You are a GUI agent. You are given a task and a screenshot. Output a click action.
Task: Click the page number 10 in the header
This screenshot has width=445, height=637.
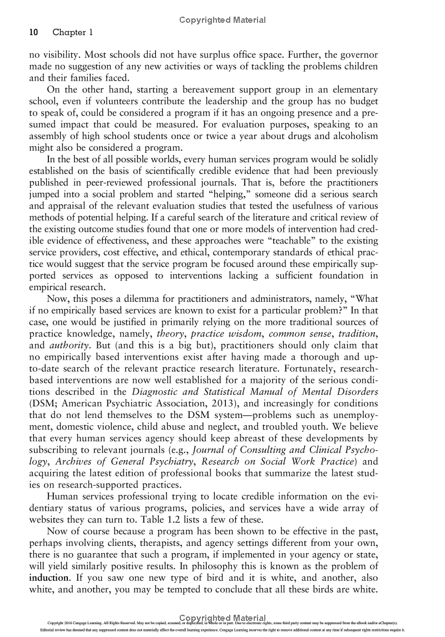pos(33,33)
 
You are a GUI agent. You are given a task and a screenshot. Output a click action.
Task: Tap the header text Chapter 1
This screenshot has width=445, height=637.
pos(72,33)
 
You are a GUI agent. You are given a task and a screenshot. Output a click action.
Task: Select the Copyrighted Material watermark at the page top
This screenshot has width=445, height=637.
pos(222,20)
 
